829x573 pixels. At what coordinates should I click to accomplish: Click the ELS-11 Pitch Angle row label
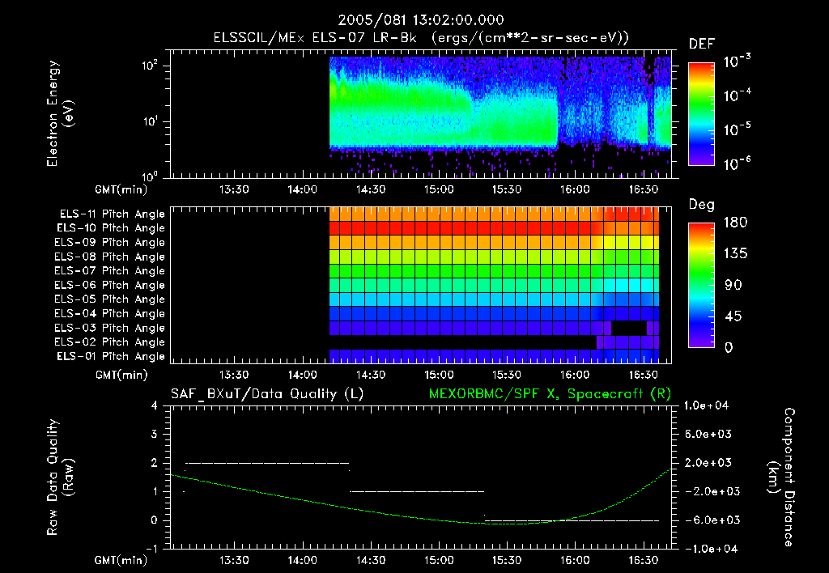[112, 214]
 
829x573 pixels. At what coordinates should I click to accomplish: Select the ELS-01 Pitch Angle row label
[112, 356]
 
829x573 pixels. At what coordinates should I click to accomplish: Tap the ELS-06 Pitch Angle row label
[112, 285]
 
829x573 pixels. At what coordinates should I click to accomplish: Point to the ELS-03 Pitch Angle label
[112, 328]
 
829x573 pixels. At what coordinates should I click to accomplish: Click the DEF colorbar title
[700, 44]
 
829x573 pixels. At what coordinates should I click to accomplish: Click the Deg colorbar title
[700, 205]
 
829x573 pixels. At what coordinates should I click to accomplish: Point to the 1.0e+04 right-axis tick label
[708, 405]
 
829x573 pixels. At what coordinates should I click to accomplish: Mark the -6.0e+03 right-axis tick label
[709, 520]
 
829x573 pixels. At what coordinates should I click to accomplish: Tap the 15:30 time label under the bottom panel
[506, 559]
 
